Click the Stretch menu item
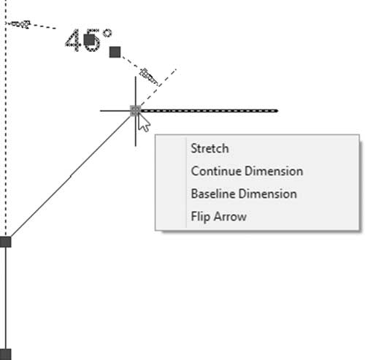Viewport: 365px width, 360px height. point(210,148)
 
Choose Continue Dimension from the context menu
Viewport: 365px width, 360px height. point(247,171)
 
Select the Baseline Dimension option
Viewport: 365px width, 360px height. point(244,194)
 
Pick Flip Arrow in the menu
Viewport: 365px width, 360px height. point(218,217)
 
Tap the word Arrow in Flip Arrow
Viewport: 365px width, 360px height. point(230,217)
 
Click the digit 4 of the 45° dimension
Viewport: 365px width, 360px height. point(73,40)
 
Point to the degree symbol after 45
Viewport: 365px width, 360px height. point(107,33)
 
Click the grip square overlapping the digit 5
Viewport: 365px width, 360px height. point(89,40)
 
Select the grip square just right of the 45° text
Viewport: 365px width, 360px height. point(115,52)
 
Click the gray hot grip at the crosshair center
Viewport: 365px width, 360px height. point(135,111)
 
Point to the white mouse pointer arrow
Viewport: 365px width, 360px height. point(144,123)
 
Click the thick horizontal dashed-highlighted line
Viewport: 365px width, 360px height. point(210,111)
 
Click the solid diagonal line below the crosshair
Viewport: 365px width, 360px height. point(71,176)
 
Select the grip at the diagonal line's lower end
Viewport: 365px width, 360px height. point(5,242)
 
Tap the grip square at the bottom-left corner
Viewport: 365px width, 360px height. point(5,354)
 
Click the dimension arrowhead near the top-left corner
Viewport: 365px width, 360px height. point(19,24)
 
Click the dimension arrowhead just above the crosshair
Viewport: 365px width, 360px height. point(149,77)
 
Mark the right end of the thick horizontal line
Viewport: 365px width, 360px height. point(277,111)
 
